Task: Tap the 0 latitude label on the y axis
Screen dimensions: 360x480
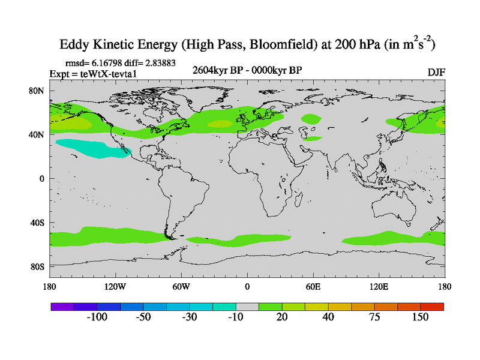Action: coord(42,179)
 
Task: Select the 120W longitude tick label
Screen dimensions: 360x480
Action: coord(115,287)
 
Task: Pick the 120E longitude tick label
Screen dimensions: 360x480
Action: coord(379,287)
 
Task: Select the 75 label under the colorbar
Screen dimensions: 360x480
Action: coord(374,317)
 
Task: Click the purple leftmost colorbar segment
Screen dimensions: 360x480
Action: coord(62,306)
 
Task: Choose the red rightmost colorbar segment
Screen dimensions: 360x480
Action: coord(433,306)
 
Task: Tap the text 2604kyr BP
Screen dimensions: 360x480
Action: coord(215,70)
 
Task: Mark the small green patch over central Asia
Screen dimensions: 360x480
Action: coord(311,119)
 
